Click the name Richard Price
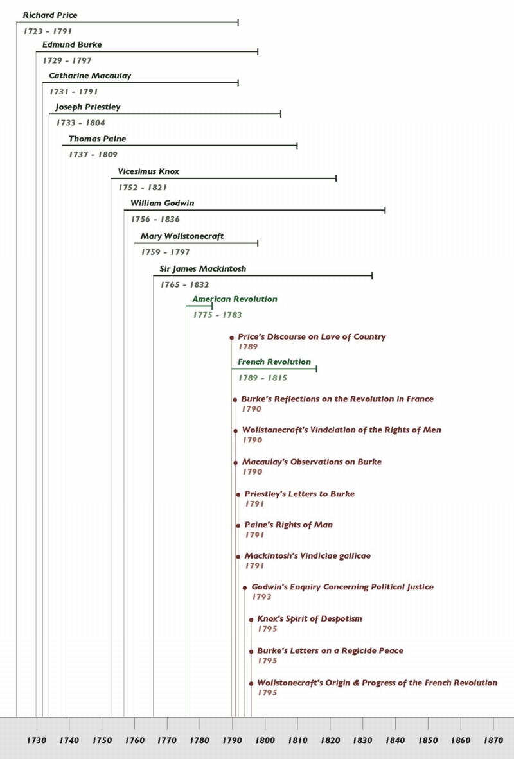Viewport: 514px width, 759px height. pyautogui.click(x=50, y=15)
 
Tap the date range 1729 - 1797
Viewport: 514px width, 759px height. pyautogui.click(x=67, y=60)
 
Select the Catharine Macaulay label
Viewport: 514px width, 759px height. pyautogui.click(x=90, y=76)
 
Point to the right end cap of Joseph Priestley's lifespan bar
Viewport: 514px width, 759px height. pyautogui.click(x=281, y=114)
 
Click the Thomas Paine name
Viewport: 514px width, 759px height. pyautogui.click(x=98, y=139)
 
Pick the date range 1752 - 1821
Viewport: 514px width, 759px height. pyautogui.click(x=143, y=188)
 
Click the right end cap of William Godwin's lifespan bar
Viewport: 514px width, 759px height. pyautogui.click(x=385, y=210)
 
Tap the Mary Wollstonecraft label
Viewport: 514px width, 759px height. pyautogui.click(x=182, y=236)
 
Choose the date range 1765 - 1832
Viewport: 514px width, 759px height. pyautogui.click(x=184, y=284)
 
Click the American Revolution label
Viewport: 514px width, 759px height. pyautogui.click(x=235, y=299)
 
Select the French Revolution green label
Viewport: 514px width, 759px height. pyautogui.click(x=274, y=362)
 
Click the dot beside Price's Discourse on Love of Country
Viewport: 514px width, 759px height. pyautogui.click(x=231, y=337)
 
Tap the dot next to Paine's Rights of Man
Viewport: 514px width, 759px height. pyautogui.click(x=238, y=526)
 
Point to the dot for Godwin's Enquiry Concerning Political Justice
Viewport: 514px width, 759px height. pyautogui.click(x=245, y=588)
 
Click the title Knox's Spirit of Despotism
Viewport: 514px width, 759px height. pyautogui.click(x=310, y=619)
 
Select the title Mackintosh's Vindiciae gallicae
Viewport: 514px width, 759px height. pyautogui.click(x=308, y=556)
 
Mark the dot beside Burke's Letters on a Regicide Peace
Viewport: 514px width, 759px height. pyautogui.click(x=251, y=652)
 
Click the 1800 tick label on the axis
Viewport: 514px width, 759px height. pyautogui.click(x=265, y=740)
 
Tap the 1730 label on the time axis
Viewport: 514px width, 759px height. pyautogui.click(x=37, y=740)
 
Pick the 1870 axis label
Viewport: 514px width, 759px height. pyautogui.click(x=493, y=740)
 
